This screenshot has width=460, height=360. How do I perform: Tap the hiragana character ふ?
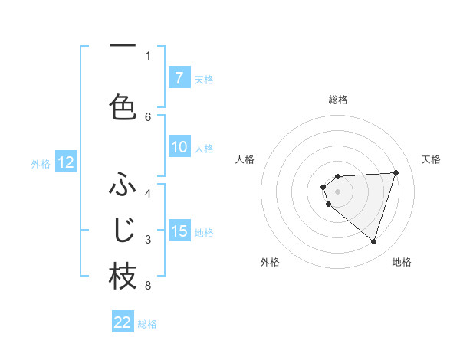[123, 186]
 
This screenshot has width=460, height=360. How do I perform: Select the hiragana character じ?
[123, 230]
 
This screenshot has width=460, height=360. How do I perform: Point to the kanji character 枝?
[123, 277]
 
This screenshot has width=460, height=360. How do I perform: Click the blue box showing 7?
[179, 78]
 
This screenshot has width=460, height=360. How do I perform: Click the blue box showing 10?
[179, 148]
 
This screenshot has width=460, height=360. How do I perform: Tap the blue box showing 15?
[179, 231]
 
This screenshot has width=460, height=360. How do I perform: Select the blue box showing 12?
[66, 162]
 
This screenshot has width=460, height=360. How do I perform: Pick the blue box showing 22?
[123, 322]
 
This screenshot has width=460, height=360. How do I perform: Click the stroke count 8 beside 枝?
[148, 286]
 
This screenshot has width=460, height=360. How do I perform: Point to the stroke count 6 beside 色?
[148, 116]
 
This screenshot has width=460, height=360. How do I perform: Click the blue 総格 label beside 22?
[147, 324]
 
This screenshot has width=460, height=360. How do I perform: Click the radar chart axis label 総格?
[337, 100]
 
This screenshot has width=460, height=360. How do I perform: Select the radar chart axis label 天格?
[432, 159]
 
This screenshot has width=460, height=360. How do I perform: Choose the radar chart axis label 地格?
[402, 262]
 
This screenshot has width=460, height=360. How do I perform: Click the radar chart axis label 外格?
[270, 262]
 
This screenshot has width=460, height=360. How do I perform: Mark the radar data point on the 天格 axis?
[396, 172]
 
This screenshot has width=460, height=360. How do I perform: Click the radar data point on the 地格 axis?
[373, 242]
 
